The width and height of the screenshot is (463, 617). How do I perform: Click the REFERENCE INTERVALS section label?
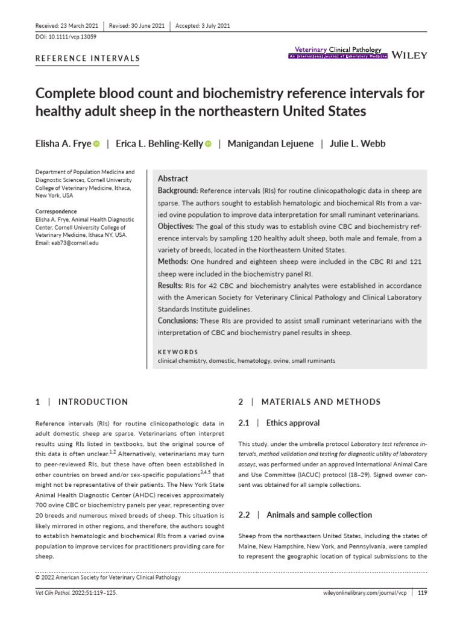tap(88, 58)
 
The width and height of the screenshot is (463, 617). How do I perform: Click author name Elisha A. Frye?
tap(63, 143)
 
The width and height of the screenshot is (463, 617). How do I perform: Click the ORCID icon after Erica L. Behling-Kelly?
tap(209, 144)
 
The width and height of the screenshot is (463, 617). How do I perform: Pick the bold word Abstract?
tap(173, 179)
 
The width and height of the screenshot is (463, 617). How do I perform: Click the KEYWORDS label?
tap(178, 352)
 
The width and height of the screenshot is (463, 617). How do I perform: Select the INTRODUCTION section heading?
tap(93, 402)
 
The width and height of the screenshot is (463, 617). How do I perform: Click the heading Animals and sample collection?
tap(319, 515)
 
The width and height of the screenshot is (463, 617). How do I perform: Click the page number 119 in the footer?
tap(422, 593)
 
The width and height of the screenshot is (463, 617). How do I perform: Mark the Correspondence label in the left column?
tap(56, 211)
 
